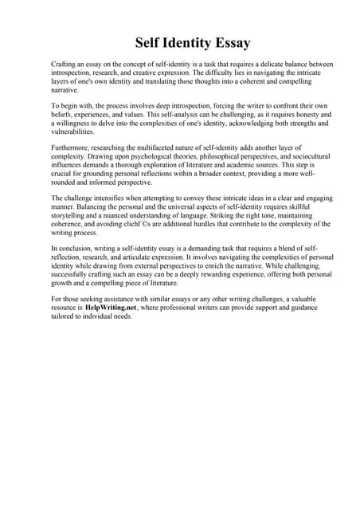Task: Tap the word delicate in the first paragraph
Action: pos(256,63)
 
